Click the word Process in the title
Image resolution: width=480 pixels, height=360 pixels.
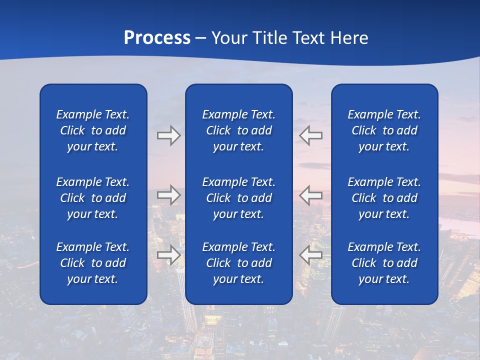point(157,38)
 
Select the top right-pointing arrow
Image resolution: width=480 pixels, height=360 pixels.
point(168,135)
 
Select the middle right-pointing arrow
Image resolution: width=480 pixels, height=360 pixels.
point(168,195)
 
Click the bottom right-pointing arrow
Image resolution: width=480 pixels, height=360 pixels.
point(168,254)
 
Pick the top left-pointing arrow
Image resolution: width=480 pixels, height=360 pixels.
point(311,135)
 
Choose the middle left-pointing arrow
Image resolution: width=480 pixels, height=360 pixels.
point(311,195)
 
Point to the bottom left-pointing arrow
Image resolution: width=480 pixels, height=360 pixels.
point(311,254)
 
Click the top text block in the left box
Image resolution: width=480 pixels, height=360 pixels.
point(93,130)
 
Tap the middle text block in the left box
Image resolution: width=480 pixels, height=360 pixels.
point(93,198)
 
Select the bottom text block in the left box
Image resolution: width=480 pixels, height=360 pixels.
point(93,263)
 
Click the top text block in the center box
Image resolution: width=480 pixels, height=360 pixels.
point(238,130)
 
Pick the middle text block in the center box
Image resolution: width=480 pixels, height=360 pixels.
point(238,198)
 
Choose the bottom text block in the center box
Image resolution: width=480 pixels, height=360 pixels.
point(238,263)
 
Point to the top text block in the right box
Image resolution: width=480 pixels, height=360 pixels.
point(384,130)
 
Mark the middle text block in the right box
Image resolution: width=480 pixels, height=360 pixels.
point(384,198)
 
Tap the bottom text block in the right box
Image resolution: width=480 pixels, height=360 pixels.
point(384,263)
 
